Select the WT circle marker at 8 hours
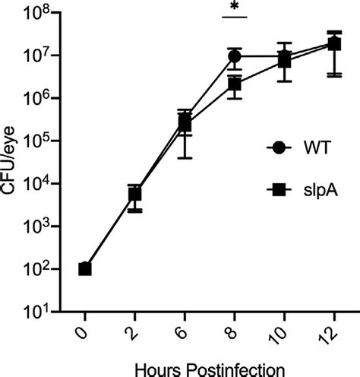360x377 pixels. tap(235, 56)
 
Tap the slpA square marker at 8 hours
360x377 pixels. tap(235, 84)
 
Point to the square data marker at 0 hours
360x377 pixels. tap(85, 268)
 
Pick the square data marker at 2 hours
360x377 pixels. tap(134, 195)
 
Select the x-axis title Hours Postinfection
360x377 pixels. tap(210, 367)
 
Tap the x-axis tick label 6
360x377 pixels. tap(185, 332)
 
